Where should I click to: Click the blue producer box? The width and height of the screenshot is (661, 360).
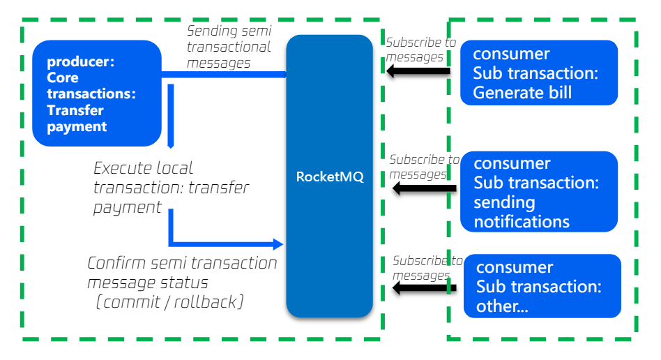click(97, 93)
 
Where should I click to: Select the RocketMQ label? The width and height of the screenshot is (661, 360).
click(330, 177)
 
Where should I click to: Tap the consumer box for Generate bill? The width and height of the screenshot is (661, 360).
click(538, 73)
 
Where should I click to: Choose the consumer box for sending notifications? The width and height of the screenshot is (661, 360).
click(538, 192)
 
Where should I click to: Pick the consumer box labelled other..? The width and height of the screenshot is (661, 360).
click(541, 286)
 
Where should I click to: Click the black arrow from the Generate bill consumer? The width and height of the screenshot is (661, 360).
click(419, 71)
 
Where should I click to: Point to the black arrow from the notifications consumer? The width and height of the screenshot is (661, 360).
click(424, 188)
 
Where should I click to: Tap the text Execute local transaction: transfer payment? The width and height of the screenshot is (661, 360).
click(170, 188)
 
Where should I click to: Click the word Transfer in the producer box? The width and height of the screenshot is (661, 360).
click(75, 110)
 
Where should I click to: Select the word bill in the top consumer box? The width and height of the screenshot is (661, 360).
click(556, 93)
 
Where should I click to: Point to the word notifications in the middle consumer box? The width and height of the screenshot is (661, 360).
click(522, 222)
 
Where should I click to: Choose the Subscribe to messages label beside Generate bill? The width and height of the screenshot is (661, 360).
click(420, 50)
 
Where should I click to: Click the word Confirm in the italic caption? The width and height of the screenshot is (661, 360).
click(114, 264)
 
